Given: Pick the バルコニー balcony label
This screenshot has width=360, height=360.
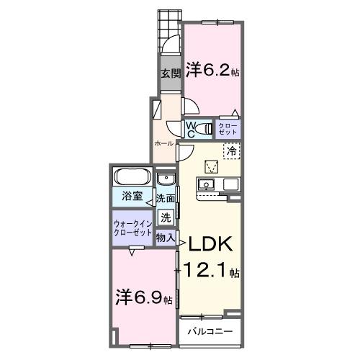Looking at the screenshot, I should (x=210, y=332).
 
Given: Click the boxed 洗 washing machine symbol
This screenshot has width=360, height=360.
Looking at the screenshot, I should (x=166, y=216).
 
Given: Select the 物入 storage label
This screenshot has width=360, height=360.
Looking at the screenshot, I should (x=166, y=237).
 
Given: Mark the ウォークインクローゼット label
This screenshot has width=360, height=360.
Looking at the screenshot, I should (x=132, y=228).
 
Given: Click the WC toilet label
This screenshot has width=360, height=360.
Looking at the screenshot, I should (x=192, y=130).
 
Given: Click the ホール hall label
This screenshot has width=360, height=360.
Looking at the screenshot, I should (x=163, y=143).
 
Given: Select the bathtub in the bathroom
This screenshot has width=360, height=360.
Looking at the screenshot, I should (x=132, y=177).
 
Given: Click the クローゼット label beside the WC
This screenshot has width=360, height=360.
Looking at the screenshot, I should (x=228, y=130).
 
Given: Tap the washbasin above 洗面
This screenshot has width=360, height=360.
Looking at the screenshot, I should (x=166, y=180).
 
